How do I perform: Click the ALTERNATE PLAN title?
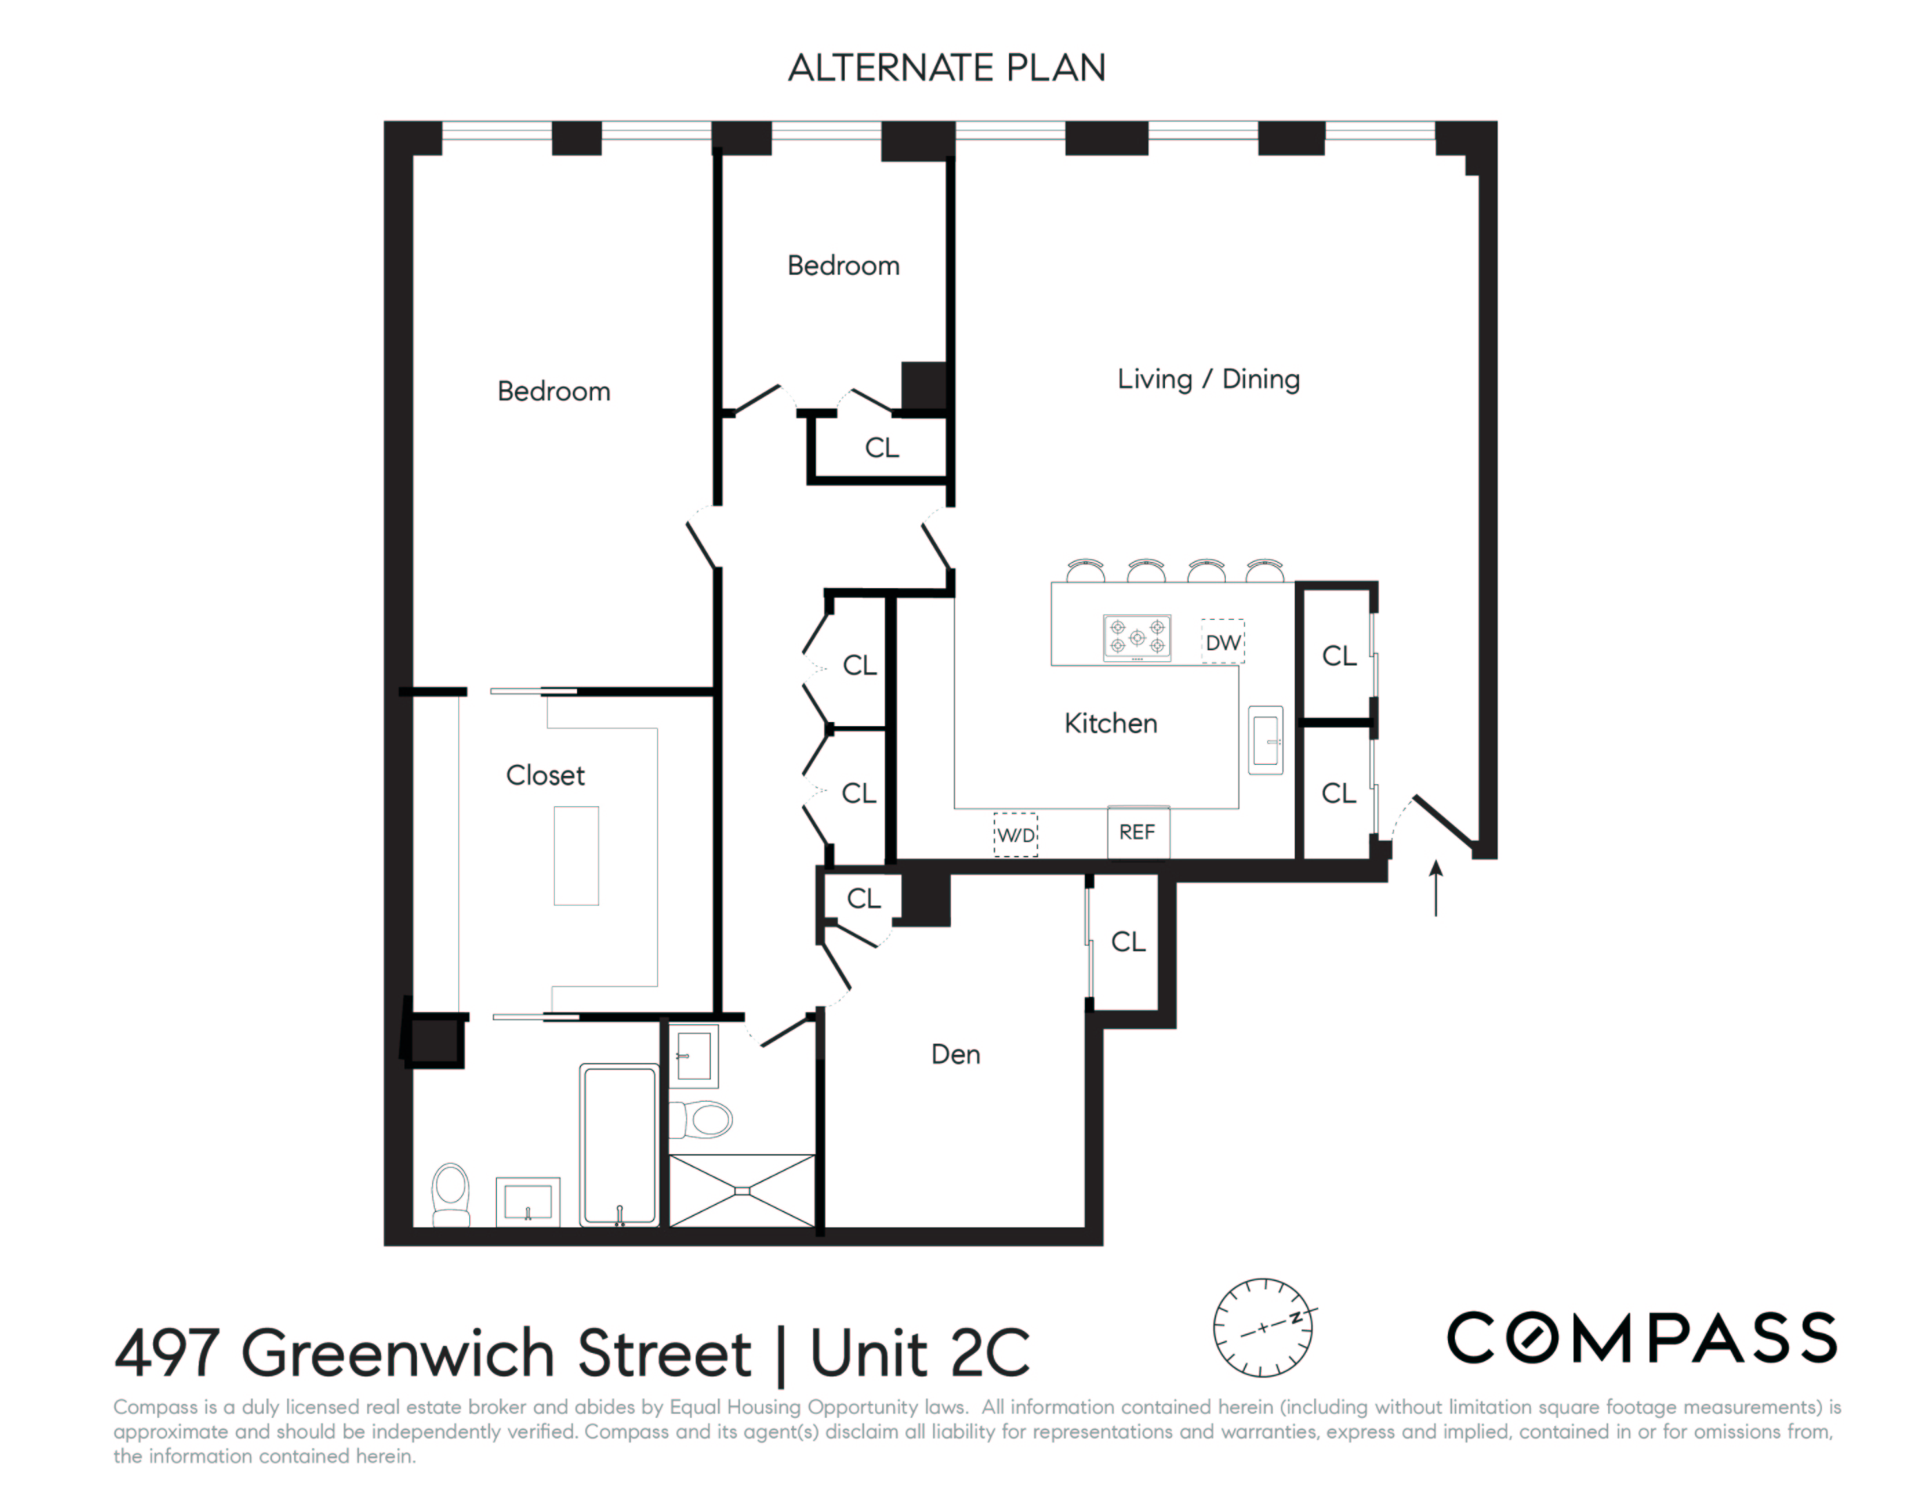946,68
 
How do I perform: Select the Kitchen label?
1110,723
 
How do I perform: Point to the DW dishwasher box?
1223,642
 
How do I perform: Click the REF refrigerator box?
1137,832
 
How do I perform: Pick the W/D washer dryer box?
1016,835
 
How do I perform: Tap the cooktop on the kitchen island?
1137,637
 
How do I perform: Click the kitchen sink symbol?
1266,740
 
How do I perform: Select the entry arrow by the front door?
1436,888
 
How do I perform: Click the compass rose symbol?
1263,1327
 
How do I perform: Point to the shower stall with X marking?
743,1190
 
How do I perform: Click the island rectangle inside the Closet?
576,855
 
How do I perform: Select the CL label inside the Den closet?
1128,942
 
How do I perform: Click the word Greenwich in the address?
496,1353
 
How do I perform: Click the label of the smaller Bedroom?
843,266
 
